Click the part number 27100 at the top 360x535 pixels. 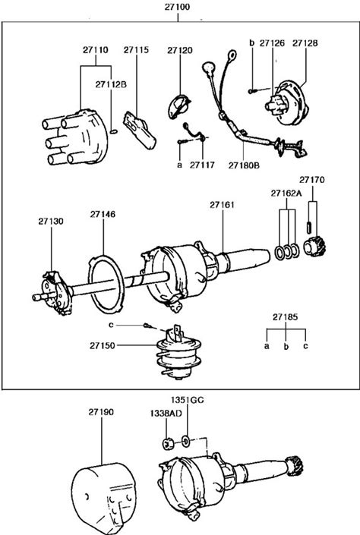click(177, 7)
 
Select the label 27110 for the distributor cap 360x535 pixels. click(95, 50)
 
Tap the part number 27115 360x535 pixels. click(136, 50)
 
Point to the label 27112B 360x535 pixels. click(111, 84)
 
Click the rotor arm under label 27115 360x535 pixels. click(139, 130)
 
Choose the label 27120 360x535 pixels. click(180, 51)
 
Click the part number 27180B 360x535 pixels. click(244, 165)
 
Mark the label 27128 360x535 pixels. click(305, 43)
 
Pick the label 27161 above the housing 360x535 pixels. click(222, 205)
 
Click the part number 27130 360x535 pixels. click(51, 222)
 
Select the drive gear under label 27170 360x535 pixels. click(314, 247)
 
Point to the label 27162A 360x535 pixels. click(286, 194)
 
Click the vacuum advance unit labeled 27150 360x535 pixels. click(179, 353)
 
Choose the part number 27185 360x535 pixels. click(286, 317)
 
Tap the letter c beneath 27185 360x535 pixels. click(305, 345)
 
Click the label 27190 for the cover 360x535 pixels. click(101, 412)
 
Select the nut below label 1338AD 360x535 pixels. click(167, 444)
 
